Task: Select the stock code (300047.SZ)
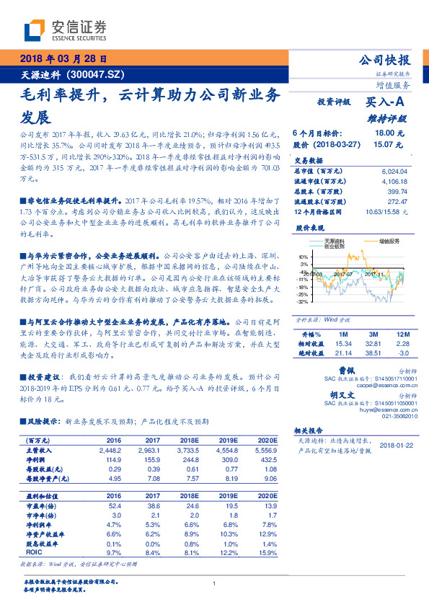pyautogui.click(x=96, y=74)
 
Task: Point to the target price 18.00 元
pyautogui.click(x=382, y=133)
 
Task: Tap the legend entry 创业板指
pyautogui.click(x=335, y=246)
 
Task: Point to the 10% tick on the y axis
pyautogui.click(x=303, y=256)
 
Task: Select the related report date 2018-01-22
pyautogui.click(x=396, y=444)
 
